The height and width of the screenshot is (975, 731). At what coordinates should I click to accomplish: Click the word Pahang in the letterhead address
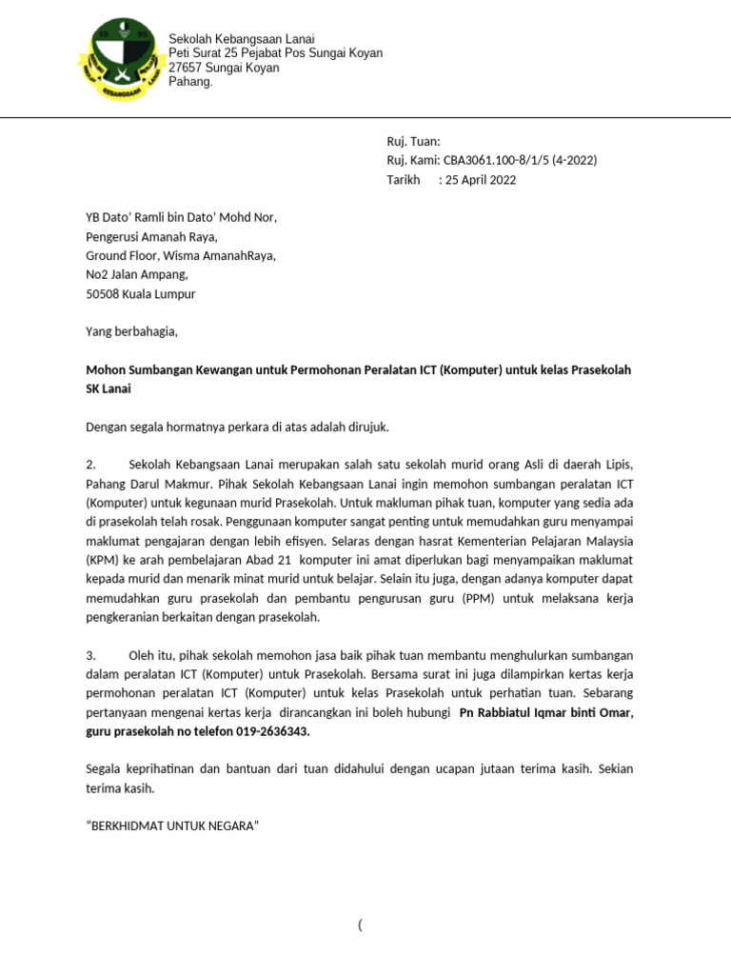[190, 82]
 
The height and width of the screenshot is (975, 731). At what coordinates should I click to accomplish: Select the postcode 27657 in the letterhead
[187, 68]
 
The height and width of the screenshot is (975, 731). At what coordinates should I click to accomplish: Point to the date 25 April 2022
[480, 180]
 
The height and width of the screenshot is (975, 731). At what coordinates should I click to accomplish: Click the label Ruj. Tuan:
[413, 142]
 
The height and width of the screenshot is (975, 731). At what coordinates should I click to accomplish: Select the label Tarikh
[403, 180]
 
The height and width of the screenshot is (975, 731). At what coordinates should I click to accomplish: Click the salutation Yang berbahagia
[131, 332]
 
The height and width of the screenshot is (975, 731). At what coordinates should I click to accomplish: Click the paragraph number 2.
[91, 464]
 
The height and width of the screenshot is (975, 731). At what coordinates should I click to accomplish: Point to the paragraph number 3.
[91, 656]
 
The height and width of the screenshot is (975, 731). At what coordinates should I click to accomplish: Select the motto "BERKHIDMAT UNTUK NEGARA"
[172, 826]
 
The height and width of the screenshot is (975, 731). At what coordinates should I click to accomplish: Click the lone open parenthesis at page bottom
[361, 925]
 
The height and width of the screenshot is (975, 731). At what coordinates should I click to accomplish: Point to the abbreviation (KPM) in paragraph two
[101, 560]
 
